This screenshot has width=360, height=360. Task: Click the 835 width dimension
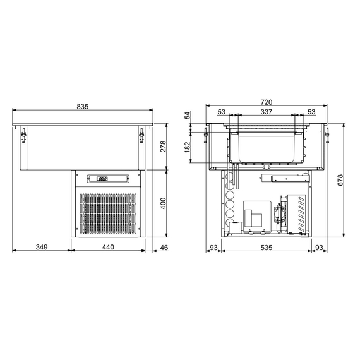[x=83, y=107]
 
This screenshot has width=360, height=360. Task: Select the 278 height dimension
[x=164, y=147]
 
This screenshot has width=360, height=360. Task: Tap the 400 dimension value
[x=164, y=203]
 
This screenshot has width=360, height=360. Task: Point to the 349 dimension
[x=40, y=248]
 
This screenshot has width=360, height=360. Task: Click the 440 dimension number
[x=108, y=248]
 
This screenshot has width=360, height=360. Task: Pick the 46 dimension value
[x=164, y=248]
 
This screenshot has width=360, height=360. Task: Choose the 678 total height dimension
[x=340, y=179]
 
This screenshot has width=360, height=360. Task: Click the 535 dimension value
[x=266, y=248]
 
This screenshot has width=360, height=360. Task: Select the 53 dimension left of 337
[x=221, y=112]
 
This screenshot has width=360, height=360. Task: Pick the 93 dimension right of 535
[x=319, y=248]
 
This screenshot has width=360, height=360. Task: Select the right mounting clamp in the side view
[x=327, y=135]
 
